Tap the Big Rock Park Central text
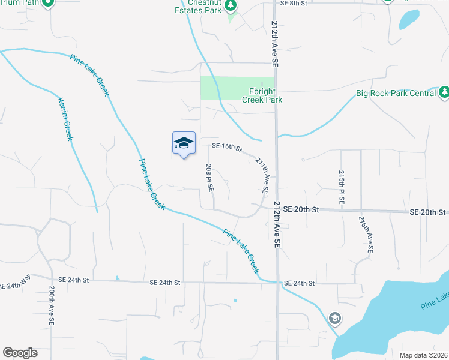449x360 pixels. pyautogui.click(x=396, y=93)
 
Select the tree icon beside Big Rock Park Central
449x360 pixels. pyautogui.click(x=444, y=92)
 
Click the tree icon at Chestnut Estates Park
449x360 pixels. pyautogui.click(x=231, y=5)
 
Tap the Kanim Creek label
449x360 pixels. pyautogui.click(x=65, y=119)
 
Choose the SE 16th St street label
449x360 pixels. pyautogui.click(x=226, y=146)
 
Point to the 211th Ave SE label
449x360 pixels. pyautogui.click(x=262, y=175)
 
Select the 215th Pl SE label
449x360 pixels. pyautogui.click(x=342, y=187)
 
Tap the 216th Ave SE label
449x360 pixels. pyautogui.click(x=366, y=234)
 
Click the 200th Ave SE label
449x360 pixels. pyautogui.click(x=52, y=305)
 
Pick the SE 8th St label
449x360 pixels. pyautogui.click(x=294, y=3)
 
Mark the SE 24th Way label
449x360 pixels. pyautogui.click(x=15, y=286)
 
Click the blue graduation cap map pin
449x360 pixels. pyautogui.click(x=184, y=143)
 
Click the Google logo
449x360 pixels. pyautogui.click(x=20, y=353)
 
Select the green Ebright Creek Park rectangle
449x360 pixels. pyautogui.click(x=237, y=88)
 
